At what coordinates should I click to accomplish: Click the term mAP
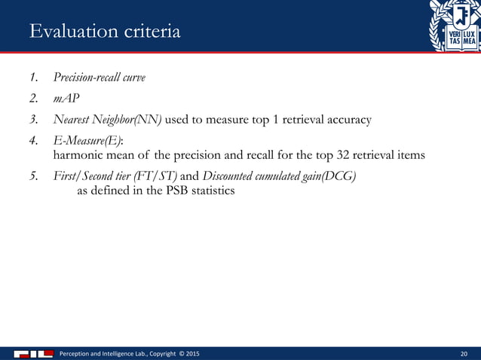pyautogui.click(x=65, y=98)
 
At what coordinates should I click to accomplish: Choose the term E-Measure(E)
pyautogui.click(x=82, y=140)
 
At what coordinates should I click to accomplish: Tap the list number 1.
pyautogui.click(x=34, y=78)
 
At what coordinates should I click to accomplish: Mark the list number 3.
pyautogui.click(x=34, y=119)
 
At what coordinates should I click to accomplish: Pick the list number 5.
pyautogui.click(x=34, y=176)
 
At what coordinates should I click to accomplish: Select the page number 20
pyautogui.click(x=463, y=352)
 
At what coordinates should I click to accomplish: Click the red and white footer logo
pyautogui.click(x=32, y=352)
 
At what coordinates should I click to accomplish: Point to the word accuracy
pyautogui.click(x=348, y=119)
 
